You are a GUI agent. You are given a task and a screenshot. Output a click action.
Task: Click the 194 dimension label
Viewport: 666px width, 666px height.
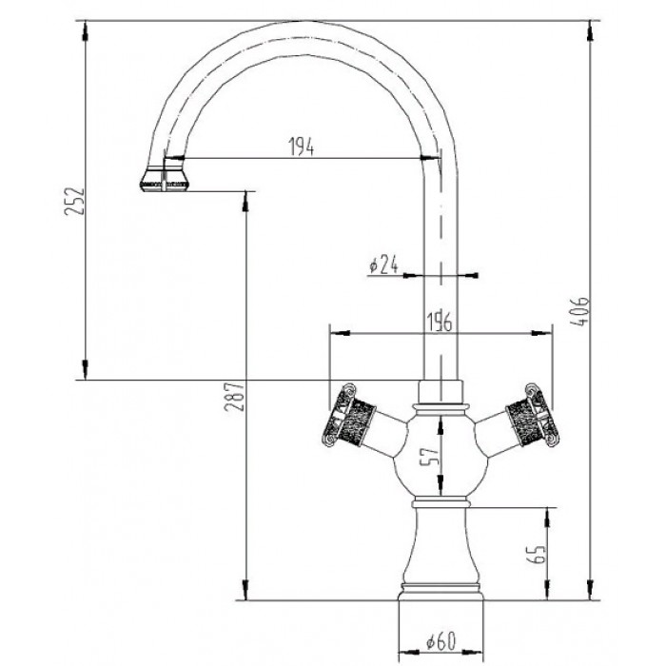(302, 147)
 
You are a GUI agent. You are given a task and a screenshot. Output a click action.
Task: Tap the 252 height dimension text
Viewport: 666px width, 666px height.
(75, 201)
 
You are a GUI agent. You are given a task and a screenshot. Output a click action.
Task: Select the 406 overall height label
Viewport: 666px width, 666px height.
(579, 311)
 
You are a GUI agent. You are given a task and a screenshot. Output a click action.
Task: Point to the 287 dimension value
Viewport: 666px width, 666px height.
(234, 397)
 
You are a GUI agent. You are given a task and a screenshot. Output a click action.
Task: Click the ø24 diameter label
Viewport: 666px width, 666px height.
(383, 264)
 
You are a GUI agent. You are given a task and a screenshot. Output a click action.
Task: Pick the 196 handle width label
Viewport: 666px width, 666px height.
(439, 322)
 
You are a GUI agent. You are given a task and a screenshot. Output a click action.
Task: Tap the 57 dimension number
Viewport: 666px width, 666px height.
(430, 457)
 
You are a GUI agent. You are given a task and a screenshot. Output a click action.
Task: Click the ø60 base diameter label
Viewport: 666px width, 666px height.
(441, 641)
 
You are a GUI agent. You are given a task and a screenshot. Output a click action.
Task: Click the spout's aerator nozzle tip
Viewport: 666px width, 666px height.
(164, 181)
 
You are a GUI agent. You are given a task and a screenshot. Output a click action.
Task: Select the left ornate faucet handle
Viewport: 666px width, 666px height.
(349, 416)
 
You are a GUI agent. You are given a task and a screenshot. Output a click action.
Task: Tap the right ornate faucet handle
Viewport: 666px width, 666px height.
(532, 416)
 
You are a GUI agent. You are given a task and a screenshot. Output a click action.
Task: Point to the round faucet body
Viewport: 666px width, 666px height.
(441, 454)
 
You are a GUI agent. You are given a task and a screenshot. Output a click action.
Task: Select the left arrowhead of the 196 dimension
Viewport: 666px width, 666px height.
(340, 333)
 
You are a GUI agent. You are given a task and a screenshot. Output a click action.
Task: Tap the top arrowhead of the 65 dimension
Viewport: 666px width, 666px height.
(547, 518)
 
